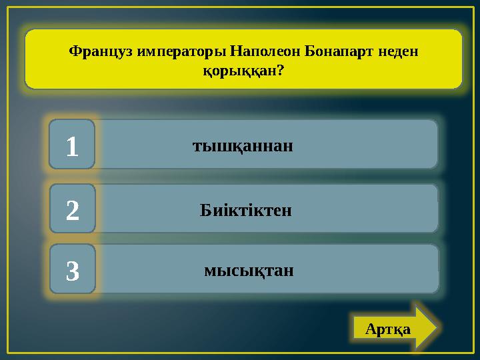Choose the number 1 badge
coord(73,145)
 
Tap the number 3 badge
coord(73,269)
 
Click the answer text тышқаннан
coord(243,145)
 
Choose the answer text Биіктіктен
coord(246,211)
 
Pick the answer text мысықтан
coord(249,271)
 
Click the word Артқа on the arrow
coord(388,329)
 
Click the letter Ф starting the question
coord(75,51)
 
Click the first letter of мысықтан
coord(209,271)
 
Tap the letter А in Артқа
coord(371,329)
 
